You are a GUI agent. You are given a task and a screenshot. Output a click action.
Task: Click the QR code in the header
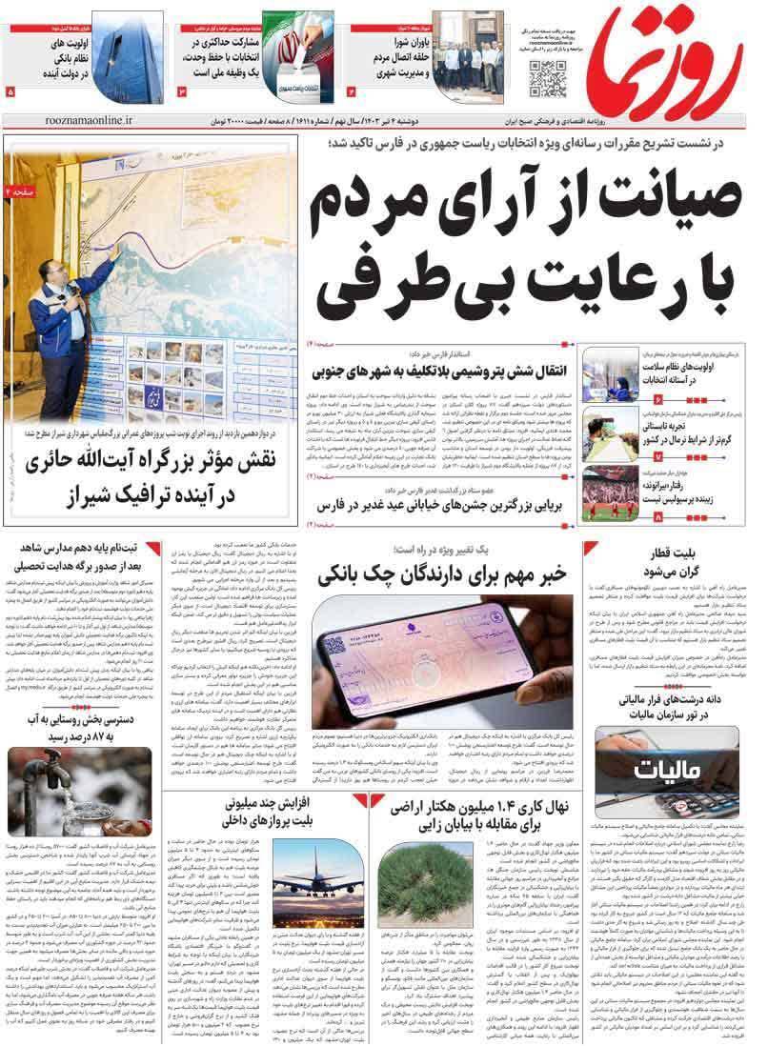tap(547, 76)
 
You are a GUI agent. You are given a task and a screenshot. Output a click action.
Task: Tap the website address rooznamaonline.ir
tap(89, 121)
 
